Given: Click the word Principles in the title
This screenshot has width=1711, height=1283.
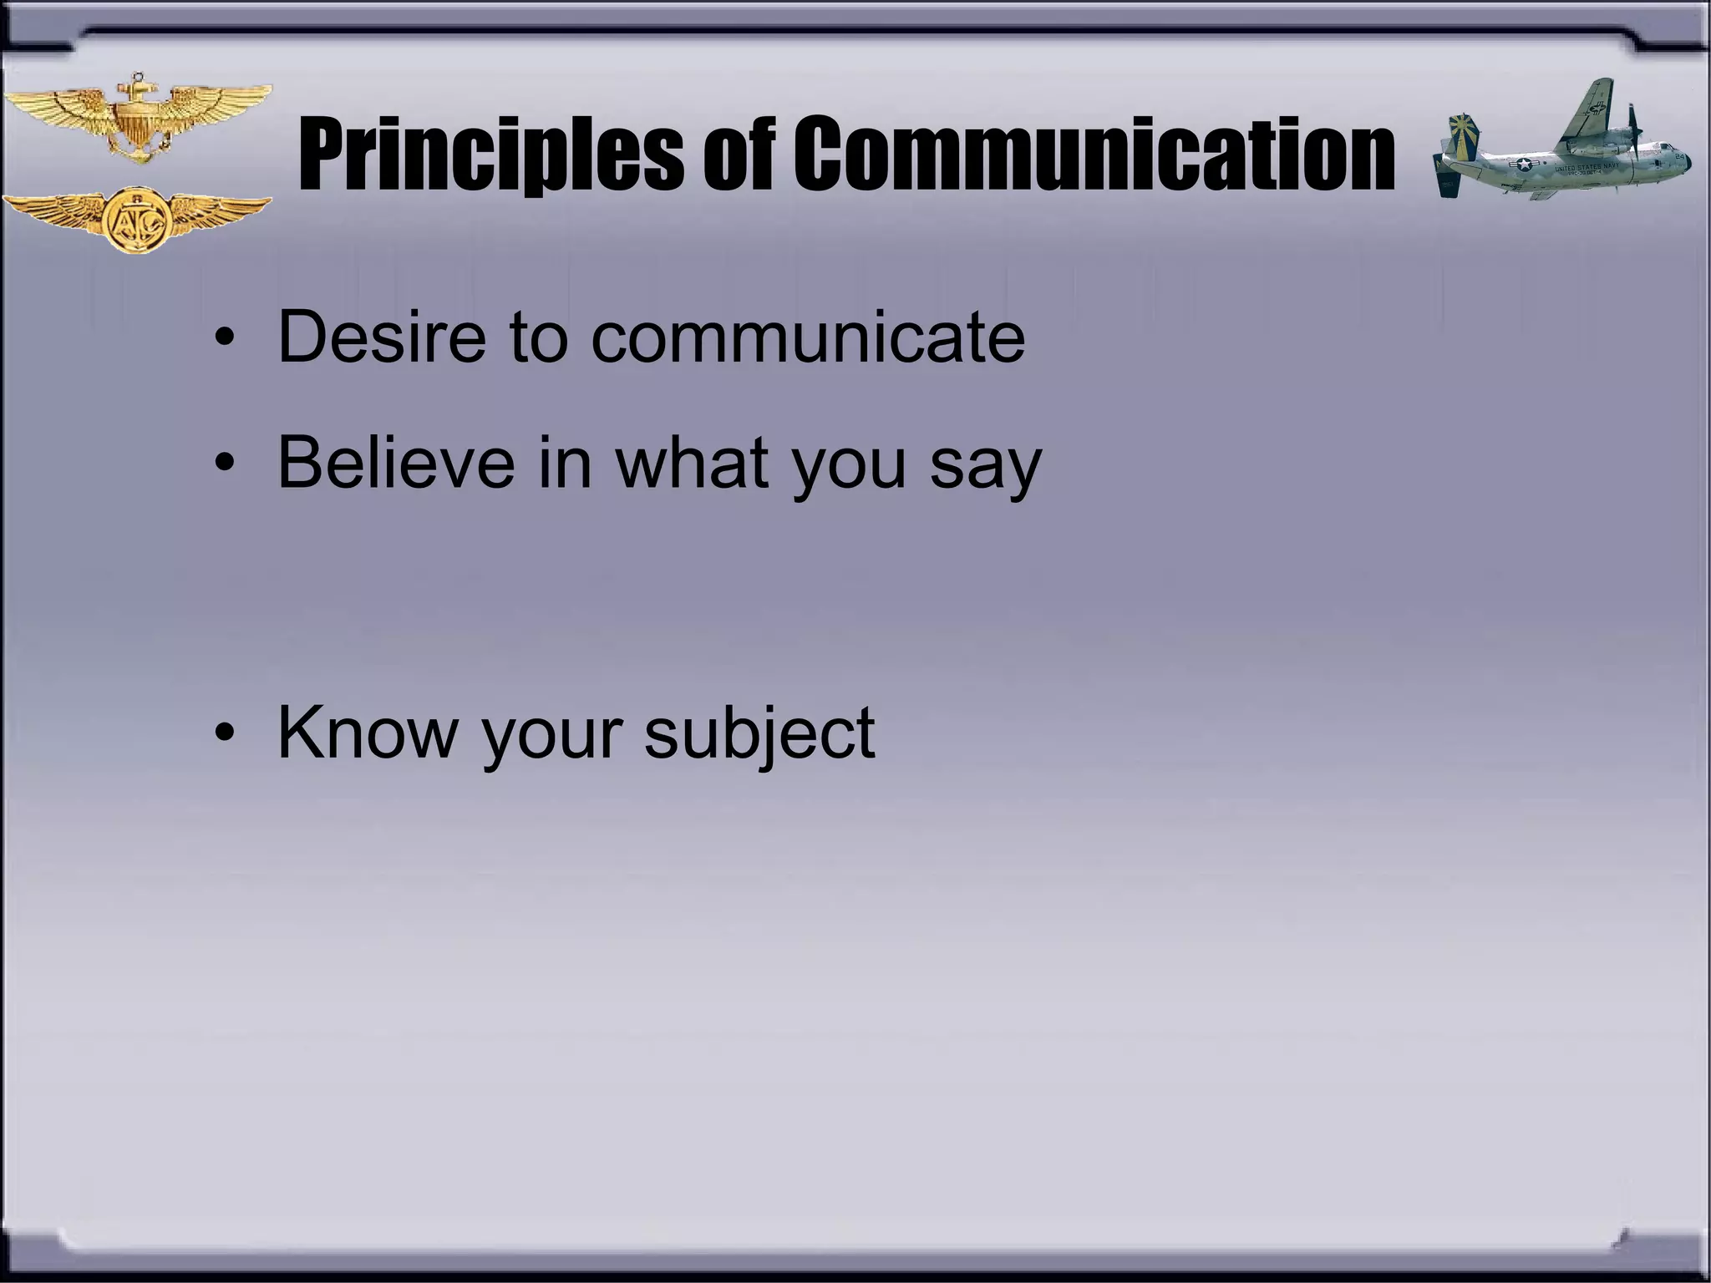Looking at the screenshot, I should click(489, 155).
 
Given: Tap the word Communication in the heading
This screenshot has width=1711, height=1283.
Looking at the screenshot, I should click(1093, 155).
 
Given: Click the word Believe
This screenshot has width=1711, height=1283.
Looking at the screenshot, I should click(397, 463).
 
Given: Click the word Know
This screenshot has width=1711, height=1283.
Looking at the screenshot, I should click(367, 732).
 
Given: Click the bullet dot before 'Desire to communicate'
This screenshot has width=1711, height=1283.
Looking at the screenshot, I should click(222, 340).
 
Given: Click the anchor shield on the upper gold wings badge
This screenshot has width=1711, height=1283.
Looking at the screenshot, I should click(136, 121).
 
